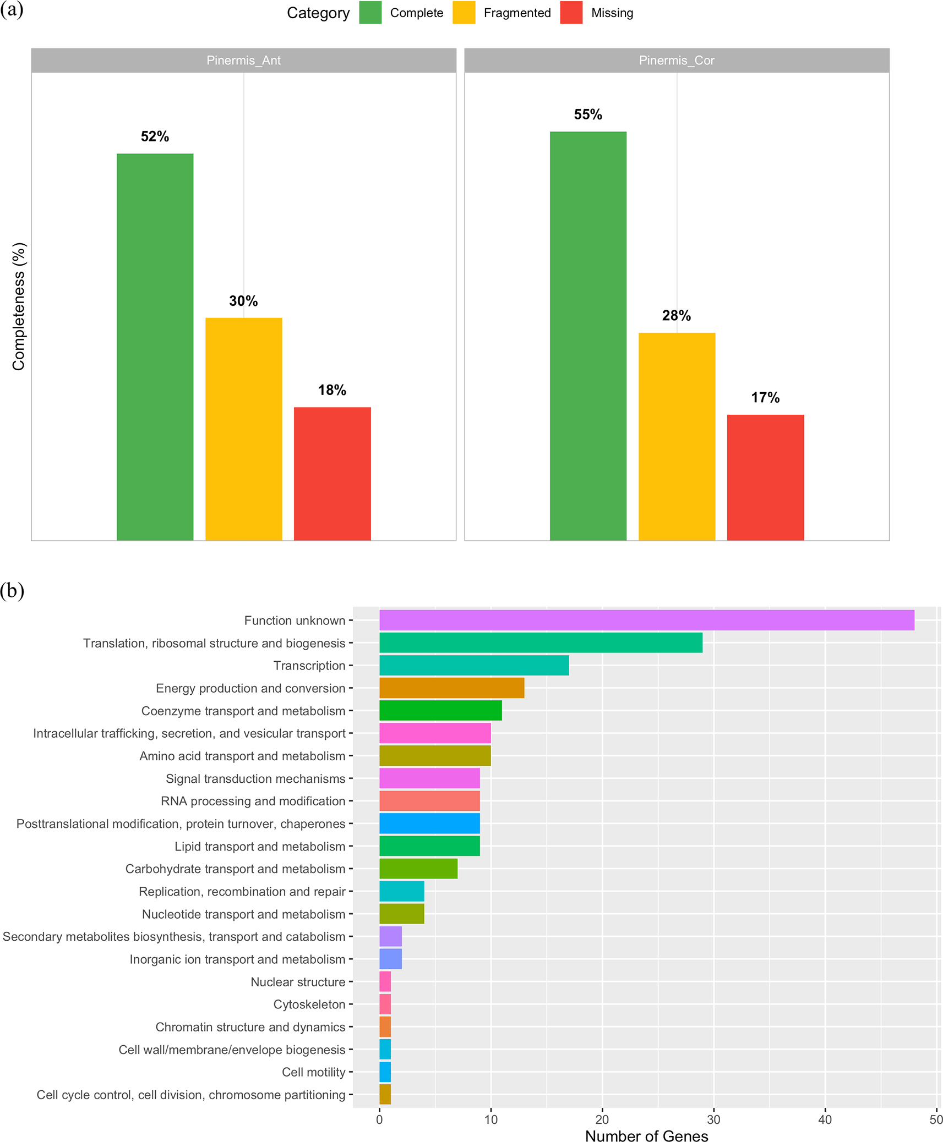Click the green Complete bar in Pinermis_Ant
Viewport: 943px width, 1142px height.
155,347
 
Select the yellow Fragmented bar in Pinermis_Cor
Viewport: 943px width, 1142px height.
677,436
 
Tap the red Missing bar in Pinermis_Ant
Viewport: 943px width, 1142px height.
332,473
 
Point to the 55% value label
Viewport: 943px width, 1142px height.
588,114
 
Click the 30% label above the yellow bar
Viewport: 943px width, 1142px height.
243,301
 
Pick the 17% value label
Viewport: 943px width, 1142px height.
765,397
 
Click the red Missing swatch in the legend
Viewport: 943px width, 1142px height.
571,13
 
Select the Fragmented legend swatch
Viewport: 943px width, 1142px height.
464,13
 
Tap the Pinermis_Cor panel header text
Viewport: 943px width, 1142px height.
677,61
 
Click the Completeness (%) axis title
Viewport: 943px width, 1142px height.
19,306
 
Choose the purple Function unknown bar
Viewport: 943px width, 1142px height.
646,620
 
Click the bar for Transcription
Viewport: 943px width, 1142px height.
474,666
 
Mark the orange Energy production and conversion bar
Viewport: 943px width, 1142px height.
451,688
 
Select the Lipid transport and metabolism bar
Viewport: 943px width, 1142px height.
429,846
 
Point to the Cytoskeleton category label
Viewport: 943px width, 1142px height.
309,1004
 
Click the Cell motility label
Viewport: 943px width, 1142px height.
313,1072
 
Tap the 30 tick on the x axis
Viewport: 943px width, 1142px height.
713,1119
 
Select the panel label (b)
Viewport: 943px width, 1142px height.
12,591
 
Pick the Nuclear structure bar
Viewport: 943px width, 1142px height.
385,982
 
